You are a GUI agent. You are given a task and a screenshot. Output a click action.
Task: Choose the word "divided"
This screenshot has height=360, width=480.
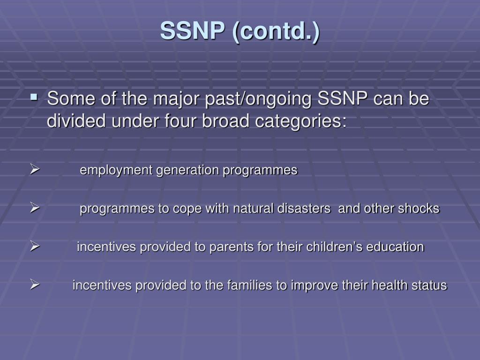(x=77, y=121)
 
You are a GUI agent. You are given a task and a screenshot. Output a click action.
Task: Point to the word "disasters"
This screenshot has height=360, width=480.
(x=302, y=209)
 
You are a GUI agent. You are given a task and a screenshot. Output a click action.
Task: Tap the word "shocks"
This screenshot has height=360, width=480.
(x=419, y=209)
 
